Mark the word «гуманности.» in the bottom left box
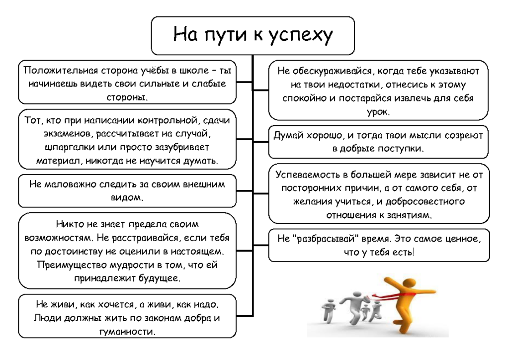point(127,332)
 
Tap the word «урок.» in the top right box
point(378,112)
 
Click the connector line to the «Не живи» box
point(245,316)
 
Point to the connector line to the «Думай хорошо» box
point(260,142)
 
